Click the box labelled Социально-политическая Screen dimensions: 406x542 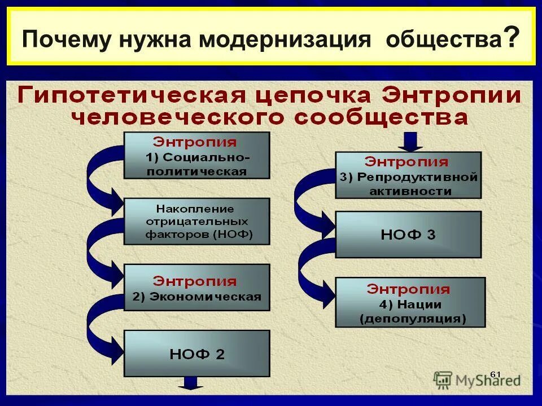(196, 155)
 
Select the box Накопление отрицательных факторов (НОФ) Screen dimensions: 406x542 (196, 221)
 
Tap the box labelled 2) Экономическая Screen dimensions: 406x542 (196, 288)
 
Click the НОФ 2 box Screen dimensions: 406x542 (196, 354)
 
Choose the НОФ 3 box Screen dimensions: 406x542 (408, 235)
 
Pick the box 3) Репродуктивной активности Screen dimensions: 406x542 (408, 175)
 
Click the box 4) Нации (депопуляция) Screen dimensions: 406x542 (409, 302)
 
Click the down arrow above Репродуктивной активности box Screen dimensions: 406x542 (410, 142)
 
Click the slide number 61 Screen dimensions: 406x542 (495, 373)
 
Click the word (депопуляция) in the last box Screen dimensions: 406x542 (413, 319)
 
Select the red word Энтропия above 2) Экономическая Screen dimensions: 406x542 (195, 281)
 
